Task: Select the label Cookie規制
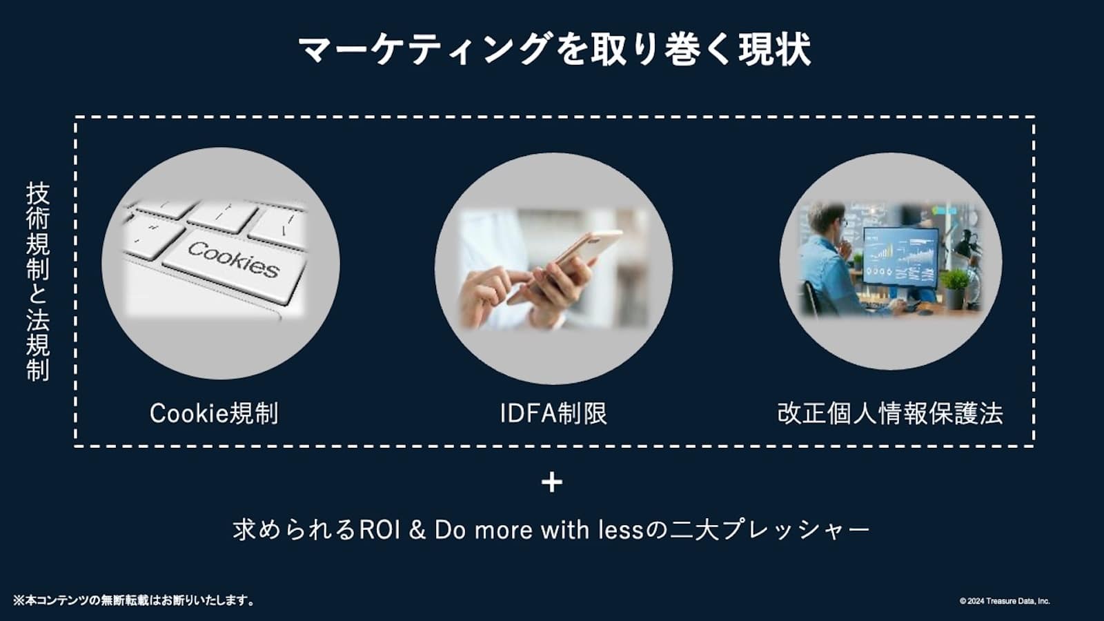[214, 413]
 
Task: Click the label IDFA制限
[553, 413]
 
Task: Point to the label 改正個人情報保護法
[890, 413]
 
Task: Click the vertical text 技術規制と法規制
[38, 282]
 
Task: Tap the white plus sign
[552, 482]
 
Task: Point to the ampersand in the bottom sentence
[417, 531]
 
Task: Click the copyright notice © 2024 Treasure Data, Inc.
[1005, 601]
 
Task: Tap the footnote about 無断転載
[133, 600]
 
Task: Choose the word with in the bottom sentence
[565, 530]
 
